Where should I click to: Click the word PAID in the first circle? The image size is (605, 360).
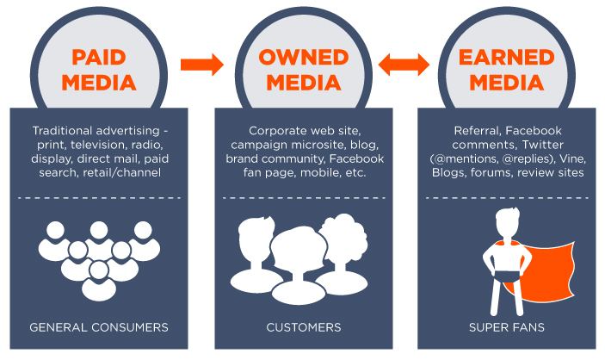pos(99,58)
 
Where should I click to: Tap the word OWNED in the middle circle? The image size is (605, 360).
pos(305,58)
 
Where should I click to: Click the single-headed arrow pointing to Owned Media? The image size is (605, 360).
pos(201,64)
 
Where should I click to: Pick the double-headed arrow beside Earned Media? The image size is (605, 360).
pos(404,64)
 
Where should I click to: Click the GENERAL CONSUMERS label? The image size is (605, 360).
pos(99,327)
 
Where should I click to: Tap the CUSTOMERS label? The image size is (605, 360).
pos(305,327)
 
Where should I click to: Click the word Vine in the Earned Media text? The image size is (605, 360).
pos(566,159)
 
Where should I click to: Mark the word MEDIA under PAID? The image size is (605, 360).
pos(99,84)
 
